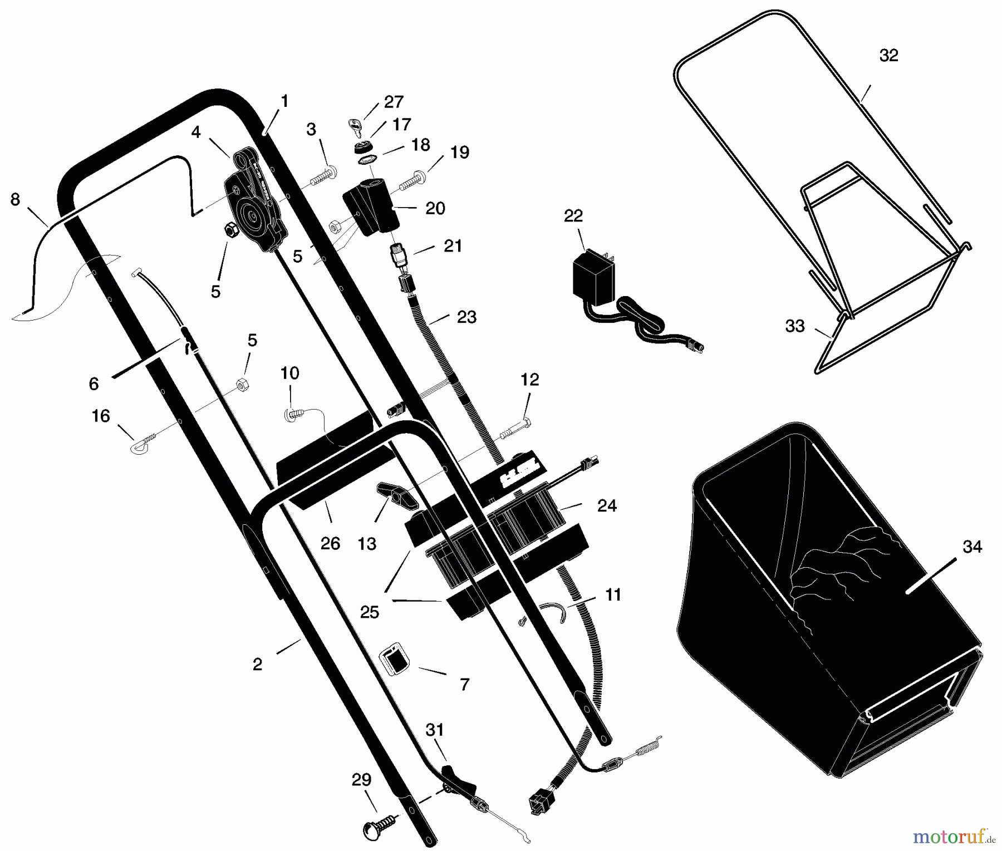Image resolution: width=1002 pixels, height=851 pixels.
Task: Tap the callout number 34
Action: pyautogui.click(x=972, y=547)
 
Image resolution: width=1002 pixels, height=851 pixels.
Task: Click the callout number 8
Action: pyautogui.click(x=15, y=199)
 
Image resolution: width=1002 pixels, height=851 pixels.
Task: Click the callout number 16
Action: pyautogui.click(x=101, y=416)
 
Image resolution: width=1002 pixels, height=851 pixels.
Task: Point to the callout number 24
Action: pyautogui.click(x=607, y=505)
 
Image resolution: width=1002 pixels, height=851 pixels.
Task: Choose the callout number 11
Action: pyautogui.click(x=613, y=595)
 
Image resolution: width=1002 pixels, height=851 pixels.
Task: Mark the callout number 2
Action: pyautogui.click(x=257, y=664)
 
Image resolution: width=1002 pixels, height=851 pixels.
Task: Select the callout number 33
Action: pyautogui.click(x=794, y=326)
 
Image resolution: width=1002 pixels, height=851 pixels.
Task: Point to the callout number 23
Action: pyautogui.click(x=466, y=317)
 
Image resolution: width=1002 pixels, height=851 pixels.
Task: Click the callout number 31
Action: pyautogui.click(x=434, y=730)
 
